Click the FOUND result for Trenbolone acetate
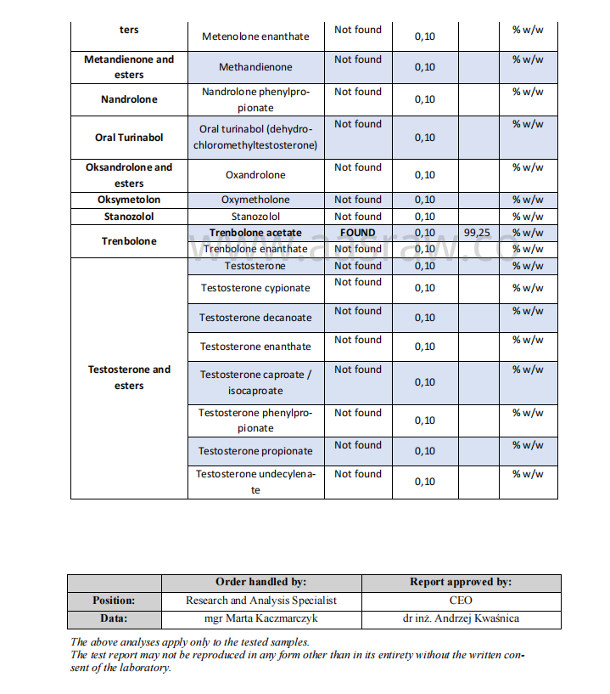pos(357,233)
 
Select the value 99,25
pos(478,233)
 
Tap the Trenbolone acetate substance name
pos(255,233)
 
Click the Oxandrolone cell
pos(255,175)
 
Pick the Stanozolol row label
pos(129,217)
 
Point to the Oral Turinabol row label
pos(129,138)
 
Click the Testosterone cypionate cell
pos(255,288)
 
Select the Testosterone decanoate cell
pos(255,318)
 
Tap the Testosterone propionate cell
pos(255,451)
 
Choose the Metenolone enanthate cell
pos(255,37)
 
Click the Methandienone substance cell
pos(255,67)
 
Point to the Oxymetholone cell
pos(255,200)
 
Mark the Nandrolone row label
pos(129,99)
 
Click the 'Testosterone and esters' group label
pos(129,377)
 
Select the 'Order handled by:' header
pos(260,582)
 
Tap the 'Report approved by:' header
pos(461,582)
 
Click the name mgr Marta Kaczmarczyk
pos(260,618)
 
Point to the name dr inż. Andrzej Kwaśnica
pos(461,618)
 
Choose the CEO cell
pos(461,600)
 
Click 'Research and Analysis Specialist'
pos(260,600)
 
